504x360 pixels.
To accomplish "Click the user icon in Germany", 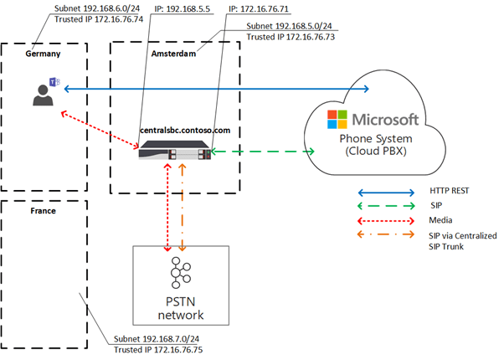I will click(42, 92).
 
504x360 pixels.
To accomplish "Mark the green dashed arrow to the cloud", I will click(263, 152).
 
